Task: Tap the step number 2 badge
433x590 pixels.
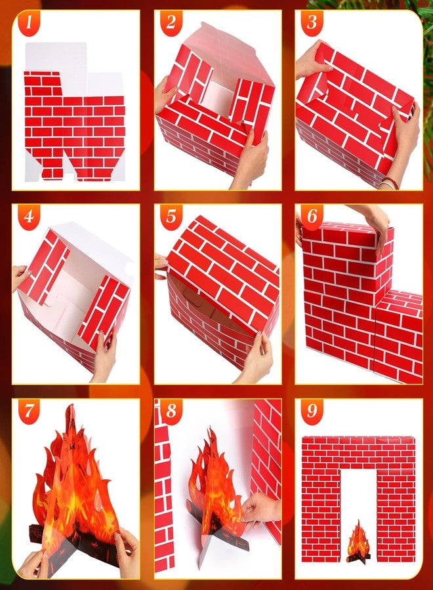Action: click(171, 23)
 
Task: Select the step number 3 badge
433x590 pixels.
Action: click(312, 23)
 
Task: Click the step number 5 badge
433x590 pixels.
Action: click(171, 217)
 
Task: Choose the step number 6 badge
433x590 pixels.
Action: click(312, 217)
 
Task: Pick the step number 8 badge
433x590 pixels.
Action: click(171, 411)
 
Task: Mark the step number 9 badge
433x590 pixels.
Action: click(312, 411)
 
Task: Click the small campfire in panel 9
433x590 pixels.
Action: click(358, 542)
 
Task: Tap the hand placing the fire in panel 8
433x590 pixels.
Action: click(260, 507)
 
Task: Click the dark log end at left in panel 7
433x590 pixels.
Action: click(35, 534)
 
